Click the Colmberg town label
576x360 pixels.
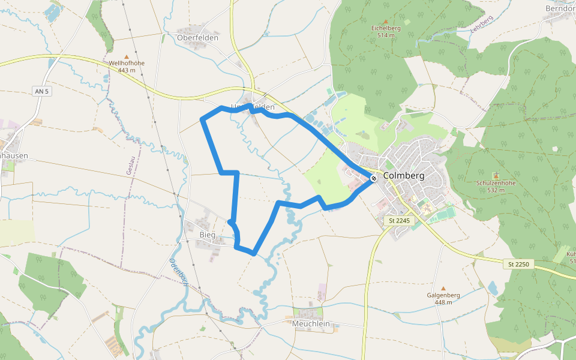[x=404, y=176]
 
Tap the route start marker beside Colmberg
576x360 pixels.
[x=374, y=178]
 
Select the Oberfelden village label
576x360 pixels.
[x=198, y=37]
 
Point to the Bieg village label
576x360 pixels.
[x=207, y=235]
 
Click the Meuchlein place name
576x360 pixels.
[x=311, y=323]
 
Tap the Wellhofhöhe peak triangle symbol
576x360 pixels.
[x=127, y=56]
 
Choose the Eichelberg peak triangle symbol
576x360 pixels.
[x=385, y=21]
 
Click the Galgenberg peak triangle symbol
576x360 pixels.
[x=443, y=289]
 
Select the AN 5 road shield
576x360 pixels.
[x=41, y=91]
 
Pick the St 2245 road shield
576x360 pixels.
[x=399, y=221]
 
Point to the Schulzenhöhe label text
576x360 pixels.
[x=496, y=183]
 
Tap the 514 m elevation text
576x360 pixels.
[x=386, y=35]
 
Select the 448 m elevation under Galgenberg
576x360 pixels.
[x=443, y=302]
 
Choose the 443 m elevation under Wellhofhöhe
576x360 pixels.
[x=127, y=70]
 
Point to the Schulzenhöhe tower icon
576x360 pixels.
[x=496, y=175]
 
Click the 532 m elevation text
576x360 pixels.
[x=496, y=190]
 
